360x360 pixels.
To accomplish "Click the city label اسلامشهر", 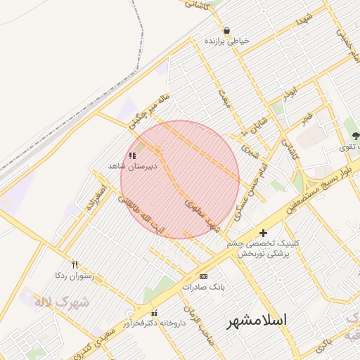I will pyautogui.click(x=257, y=320).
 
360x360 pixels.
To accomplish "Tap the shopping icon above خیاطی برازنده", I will pyautogui.click(x=226, y=31).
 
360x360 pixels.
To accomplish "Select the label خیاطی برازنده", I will pyautogui.click(x=226, y=41).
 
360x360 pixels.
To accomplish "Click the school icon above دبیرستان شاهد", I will pyautogui.click(x=132, y=155).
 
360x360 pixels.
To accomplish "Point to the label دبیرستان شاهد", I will pyautogui.click(x=131, y=166).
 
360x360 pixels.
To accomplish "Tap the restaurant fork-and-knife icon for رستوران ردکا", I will pyautogui.click(x=75, y=265).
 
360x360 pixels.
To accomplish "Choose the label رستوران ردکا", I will pyautogui.click(x=74, y=276).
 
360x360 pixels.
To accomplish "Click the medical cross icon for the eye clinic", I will pyautogui.click(x=263, y=233).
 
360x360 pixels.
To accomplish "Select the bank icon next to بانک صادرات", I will pyautogui.click(x=203, y=276).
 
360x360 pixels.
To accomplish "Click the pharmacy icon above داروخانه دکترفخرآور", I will pyautogui.click(x=155, y=313).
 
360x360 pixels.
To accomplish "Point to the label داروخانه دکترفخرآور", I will pyautogui.click(x=154, y=323).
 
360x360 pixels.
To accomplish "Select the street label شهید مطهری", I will pyautogui.click(x=202, y=216).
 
